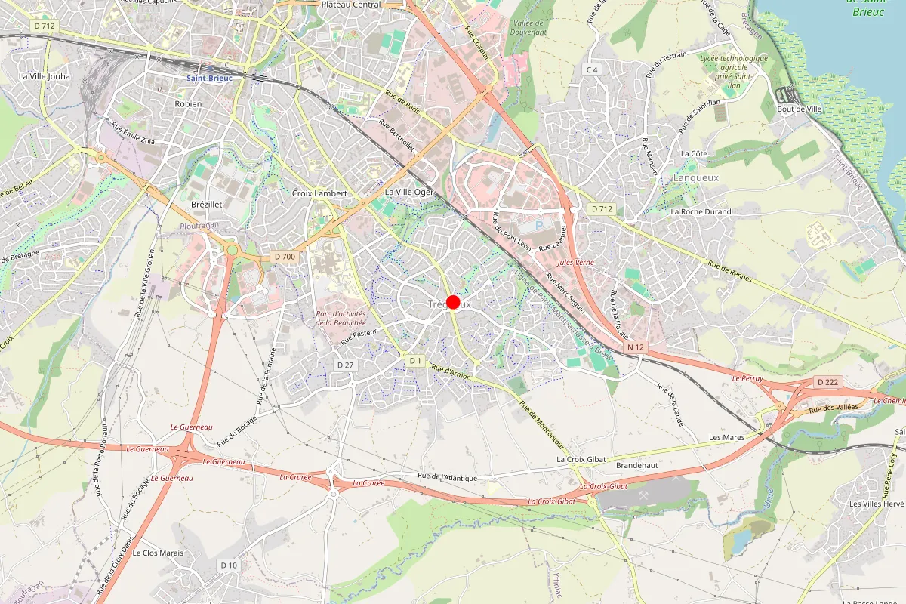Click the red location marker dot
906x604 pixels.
tap(453, 302)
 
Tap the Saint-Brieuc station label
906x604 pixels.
tap(209, 78)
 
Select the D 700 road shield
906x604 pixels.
tap(285, 257)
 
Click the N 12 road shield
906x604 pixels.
tap(636, 347)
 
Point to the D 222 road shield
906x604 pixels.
tap(827, 382)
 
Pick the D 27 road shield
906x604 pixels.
tap(345, 365)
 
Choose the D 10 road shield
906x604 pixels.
tap(229, 565)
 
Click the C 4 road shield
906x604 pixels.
tap(592, 70)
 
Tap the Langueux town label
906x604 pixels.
tap(695, 177)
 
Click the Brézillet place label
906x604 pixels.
tap(207, 205)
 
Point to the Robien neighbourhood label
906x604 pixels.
tap(188, 103)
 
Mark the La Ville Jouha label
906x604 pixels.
tap(44, 76)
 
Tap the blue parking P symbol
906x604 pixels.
tap(539, 225)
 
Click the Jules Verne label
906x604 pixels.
tap(575, 262)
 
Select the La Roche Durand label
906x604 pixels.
tap(701, 211)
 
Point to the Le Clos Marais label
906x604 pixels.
tap(158, 553)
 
